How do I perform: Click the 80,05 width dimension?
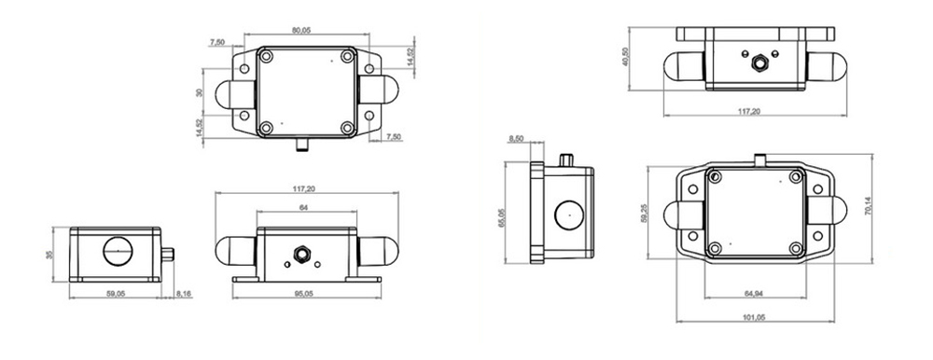[x=301, y=31]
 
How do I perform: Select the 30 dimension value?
[x=199, y=92]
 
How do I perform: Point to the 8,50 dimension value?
[x=516, y=140]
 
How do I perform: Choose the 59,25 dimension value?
[x=644, y=214]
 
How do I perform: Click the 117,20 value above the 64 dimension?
[x=304, y=189]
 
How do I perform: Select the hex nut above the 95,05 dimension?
[x=302, y=253]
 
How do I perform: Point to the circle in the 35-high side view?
[x=118, y=252]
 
